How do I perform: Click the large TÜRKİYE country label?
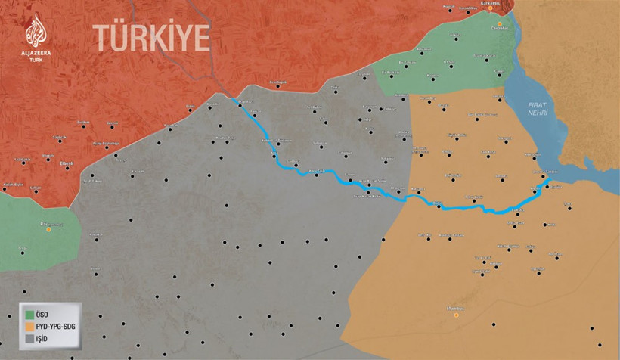(x=151, y=36)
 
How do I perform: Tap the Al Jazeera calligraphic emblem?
(x=36, y=31)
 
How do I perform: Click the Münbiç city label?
(x=455, y=308)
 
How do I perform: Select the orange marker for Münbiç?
(x=455, y=315)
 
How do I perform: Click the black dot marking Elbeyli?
(x=67, y=168)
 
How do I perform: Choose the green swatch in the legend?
(x=29, y=313)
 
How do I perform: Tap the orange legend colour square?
(x=29, y=327)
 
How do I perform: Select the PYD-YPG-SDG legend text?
(x=61, y=327)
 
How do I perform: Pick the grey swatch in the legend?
(x=29, y=340)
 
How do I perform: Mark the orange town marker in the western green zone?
(x=49, y=229)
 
